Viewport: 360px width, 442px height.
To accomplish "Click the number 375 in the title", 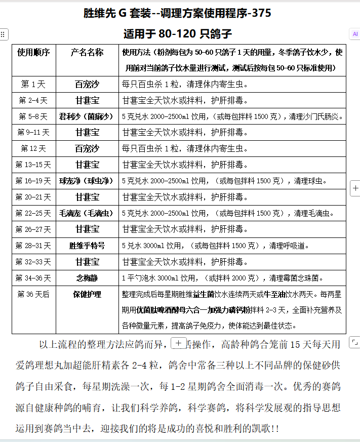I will (x=261, y=14).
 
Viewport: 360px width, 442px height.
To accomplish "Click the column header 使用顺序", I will (x=33, y=53).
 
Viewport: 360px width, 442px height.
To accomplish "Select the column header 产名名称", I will (x=87, y=53).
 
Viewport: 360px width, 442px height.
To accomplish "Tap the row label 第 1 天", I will (x=33, y=85).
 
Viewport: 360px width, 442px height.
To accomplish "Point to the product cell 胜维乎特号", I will (x=87, y=246).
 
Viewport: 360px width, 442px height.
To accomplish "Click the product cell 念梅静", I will (x=87, y=277).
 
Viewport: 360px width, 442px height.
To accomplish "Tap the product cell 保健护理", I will (x=87, y=294).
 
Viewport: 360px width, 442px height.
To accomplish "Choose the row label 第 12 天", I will (x=33, y=149).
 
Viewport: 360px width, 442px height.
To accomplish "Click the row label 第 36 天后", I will (x=33, y=294).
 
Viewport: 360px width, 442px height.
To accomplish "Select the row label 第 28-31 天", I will (x=33, y=246).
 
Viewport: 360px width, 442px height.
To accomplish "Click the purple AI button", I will (x=354, y=34).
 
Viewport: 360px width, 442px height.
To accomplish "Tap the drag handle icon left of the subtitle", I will (x=3, y=34).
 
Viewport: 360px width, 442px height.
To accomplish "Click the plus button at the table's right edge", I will (x=355, y=188).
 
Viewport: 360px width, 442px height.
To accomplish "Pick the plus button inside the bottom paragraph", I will (x=178, y=343).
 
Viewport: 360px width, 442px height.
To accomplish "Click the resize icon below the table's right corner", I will (x=355, y=343).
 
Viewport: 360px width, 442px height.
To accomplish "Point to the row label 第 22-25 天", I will (x=33, y=213).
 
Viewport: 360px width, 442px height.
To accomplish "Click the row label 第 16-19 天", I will (x=33, y=181).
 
